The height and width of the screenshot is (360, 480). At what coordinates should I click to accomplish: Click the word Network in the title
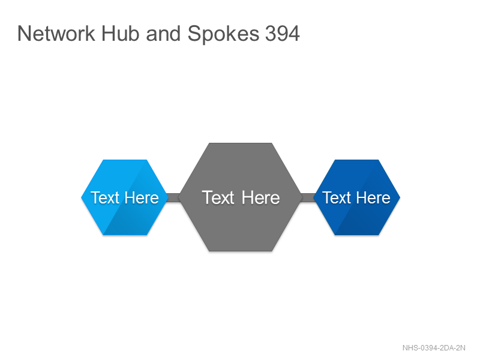[x=56, y=34]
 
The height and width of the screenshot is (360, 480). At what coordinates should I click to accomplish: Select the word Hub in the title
[x=120, y=34]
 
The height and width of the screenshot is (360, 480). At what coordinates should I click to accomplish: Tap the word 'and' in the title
[x=163, y=34]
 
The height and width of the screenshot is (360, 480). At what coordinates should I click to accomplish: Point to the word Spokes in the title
[x=223, y=34]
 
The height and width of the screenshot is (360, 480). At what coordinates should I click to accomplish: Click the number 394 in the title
[x=283, y=34]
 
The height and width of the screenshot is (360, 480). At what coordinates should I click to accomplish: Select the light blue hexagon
[x=125, y=197]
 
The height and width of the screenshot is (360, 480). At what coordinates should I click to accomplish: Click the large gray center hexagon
[x=241, y=197]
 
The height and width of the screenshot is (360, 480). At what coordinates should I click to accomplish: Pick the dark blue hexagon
[x=357, y=197]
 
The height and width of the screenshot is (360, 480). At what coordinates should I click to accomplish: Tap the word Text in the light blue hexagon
[x=104, y=197]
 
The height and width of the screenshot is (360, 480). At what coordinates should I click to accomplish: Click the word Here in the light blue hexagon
[x=142, y=197]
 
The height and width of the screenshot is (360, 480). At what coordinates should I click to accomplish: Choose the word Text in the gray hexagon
[x=218, y=197]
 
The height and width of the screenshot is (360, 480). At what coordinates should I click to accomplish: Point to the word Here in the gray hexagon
[x=260, y=197]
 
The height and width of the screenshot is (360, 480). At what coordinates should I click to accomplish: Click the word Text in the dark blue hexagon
[x=337, y=197]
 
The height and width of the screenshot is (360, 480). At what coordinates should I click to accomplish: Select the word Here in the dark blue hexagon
[x=373, y=197]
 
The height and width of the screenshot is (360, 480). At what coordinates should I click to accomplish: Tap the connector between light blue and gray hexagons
[x=173, y=198]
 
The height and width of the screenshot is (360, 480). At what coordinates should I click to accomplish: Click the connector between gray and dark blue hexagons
[x=308, y=198]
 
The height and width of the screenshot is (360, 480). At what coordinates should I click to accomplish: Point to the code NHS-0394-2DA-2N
[x=434, y=348]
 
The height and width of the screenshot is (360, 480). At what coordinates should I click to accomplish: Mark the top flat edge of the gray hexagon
[x=241, y=143]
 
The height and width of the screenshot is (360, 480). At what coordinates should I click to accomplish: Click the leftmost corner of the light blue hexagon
[x=81, y=197]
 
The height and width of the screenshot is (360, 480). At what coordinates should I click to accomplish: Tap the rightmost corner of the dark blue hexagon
[x=400, y=197]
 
